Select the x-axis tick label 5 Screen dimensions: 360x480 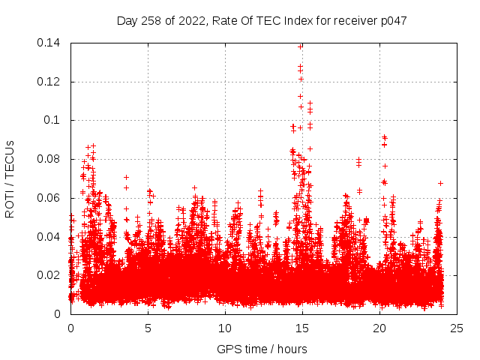pos(148,328)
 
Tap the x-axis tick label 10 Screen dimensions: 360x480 pos(225,328)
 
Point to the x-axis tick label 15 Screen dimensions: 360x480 pos(302,328)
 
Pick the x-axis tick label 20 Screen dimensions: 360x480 pos(379,328)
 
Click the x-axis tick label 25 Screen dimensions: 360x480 pos(457,328)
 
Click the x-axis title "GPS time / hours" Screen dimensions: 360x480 pos(262,349)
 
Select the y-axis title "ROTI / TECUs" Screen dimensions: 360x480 pos(10,178)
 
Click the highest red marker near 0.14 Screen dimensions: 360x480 pos(301,46)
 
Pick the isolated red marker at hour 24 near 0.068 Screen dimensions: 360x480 pos(441,183)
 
